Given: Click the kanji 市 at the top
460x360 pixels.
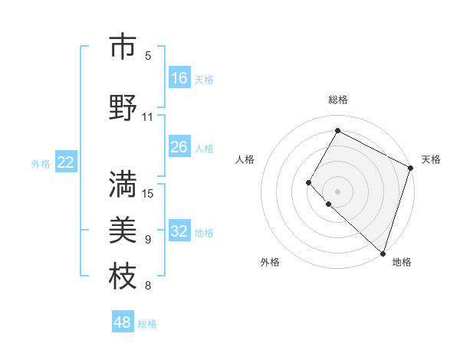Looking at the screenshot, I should [123, 47].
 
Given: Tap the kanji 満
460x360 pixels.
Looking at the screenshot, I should [123, 183].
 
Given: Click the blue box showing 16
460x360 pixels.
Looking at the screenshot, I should [179, 78].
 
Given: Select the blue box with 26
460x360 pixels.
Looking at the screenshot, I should [179, 147].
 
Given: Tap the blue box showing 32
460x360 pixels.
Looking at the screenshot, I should [179, 232].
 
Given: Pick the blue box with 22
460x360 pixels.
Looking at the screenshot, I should [66, 162].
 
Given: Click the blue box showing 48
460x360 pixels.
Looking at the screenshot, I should [123, 322].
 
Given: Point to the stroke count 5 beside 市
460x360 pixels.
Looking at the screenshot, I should [148, 56].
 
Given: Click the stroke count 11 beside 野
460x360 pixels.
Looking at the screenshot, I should [148, 117].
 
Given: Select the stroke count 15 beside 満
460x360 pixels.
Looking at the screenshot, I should [148, 192].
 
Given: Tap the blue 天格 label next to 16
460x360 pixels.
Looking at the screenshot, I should [204, 79].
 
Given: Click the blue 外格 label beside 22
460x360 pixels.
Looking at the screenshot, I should [41, 163].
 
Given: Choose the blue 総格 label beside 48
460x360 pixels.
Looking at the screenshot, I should [147, 323].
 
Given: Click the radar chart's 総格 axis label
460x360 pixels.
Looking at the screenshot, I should [338, 100].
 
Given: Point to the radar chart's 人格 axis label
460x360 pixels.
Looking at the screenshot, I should [245, 159].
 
